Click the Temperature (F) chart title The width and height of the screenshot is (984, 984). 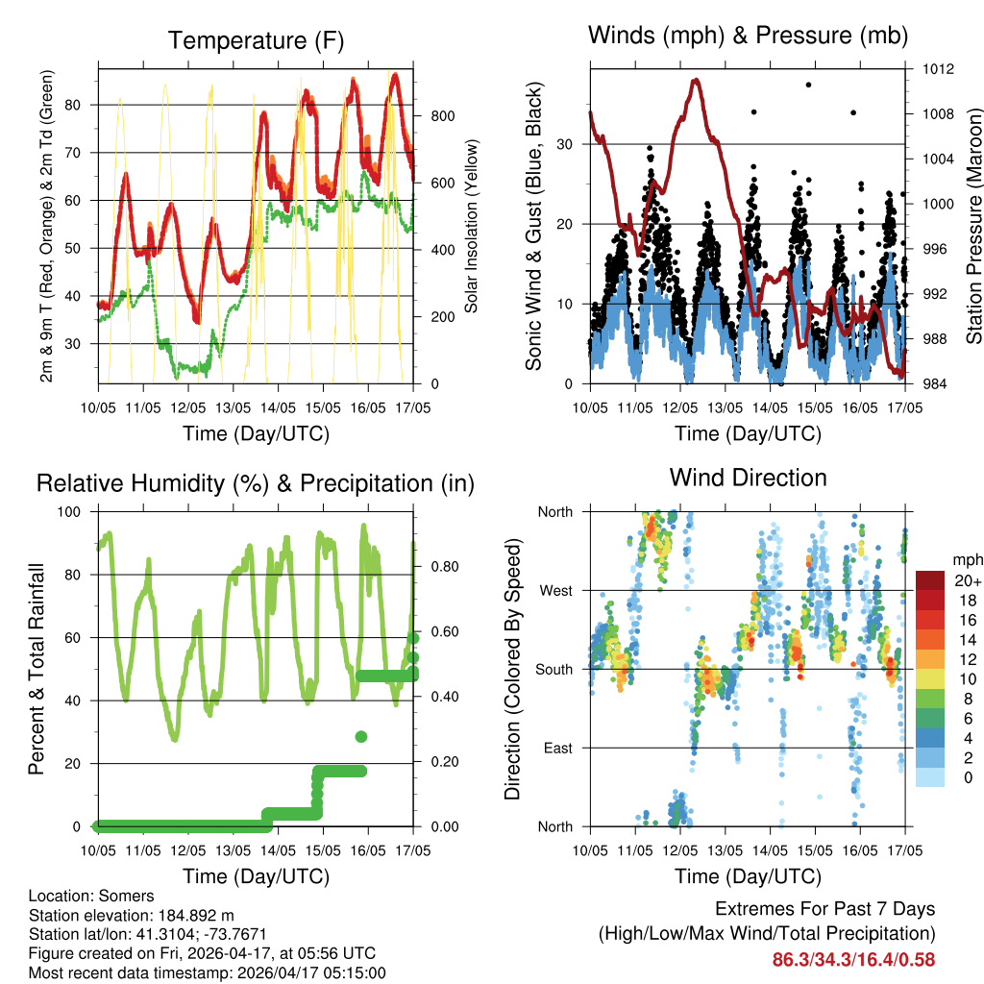coord(256,41)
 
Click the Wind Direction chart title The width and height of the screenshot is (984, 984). coord(748,478)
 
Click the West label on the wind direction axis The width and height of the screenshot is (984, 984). coord(554,590)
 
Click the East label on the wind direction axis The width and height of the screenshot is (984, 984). coord(557,748)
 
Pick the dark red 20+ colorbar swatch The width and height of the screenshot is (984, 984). coord(932,580)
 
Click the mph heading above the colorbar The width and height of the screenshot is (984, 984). coord(966,559)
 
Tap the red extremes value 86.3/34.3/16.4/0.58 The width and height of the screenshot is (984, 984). coord(853,959)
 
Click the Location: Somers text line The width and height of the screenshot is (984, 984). coord(91,896)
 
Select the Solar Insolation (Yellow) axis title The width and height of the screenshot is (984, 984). coord(472,227)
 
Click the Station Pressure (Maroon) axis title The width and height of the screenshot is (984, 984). coord(973,227)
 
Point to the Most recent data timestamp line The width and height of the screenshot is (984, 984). coord(207,972)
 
